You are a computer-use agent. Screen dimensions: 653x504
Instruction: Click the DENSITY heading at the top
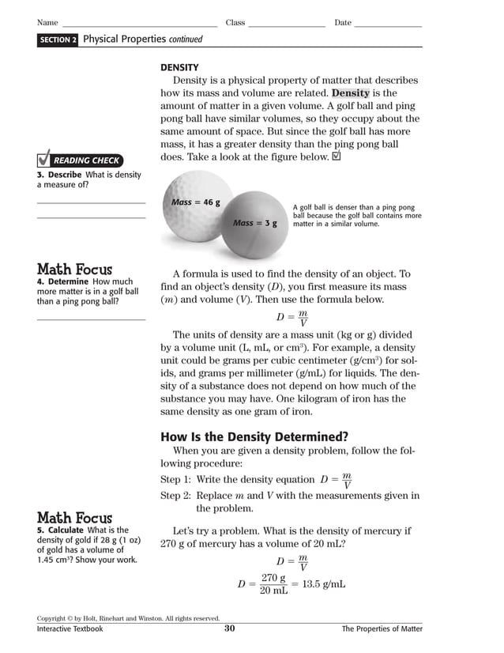click(179, 67)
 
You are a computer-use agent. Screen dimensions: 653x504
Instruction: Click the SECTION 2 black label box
click(58, 40)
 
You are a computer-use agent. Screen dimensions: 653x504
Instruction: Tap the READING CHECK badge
click(79, 160)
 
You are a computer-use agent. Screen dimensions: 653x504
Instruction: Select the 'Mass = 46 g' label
click(196, 202)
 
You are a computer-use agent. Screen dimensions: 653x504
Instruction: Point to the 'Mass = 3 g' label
click(255, 223)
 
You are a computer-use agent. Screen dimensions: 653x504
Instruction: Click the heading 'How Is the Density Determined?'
click(254, 436)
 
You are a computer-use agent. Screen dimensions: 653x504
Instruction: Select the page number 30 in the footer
click(230, 628)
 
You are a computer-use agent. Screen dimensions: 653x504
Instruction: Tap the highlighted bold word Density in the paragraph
click(355, 93)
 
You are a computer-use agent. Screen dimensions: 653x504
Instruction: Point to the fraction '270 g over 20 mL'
click(273, 584)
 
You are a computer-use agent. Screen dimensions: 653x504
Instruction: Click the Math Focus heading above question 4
click(75, 270)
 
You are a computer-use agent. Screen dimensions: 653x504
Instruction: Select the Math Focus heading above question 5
click(75, 518)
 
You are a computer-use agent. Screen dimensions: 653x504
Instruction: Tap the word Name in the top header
click(47, 23)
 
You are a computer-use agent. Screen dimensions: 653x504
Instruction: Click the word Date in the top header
click(343, 23)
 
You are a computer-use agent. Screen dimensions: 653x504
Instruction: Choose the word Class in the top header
click(235, 23)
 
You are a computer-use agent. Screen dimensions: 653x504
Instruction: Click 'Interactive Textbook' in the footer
click(70, 629)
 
